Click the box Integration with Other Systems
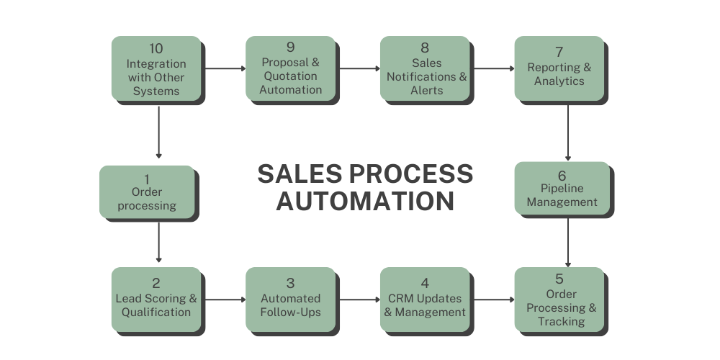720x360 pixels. pyautogui.click(x=156, y=69)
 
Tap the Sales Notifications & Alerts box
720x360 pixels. pyautogui.click(x=425, y=69)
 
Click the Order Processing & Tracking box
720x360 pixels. pyautogui.click(x=559, y=300)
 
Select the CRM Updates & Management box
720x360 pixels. pyautogui.click(x=425, y=300)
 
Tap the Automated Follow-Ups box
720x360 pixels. pyautogui.click(x=290, y=300)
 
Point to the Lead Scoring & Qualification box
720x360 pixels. pyautogui.click(x=156, y=300)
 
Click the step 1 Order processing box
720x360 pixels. pyautogui.click(x=146, y=192)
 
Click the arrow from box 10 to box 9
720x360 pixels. pyautogui.click(x=225, y=69)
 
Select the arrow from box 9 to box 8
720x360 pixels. pyautogui.click(x=359, y=69)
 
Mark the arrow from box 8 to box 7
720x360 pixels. pyautogui.click(x=493, y=69)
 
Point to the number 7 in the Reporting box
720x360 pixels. pyautogui.click(x=559, y=53)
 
